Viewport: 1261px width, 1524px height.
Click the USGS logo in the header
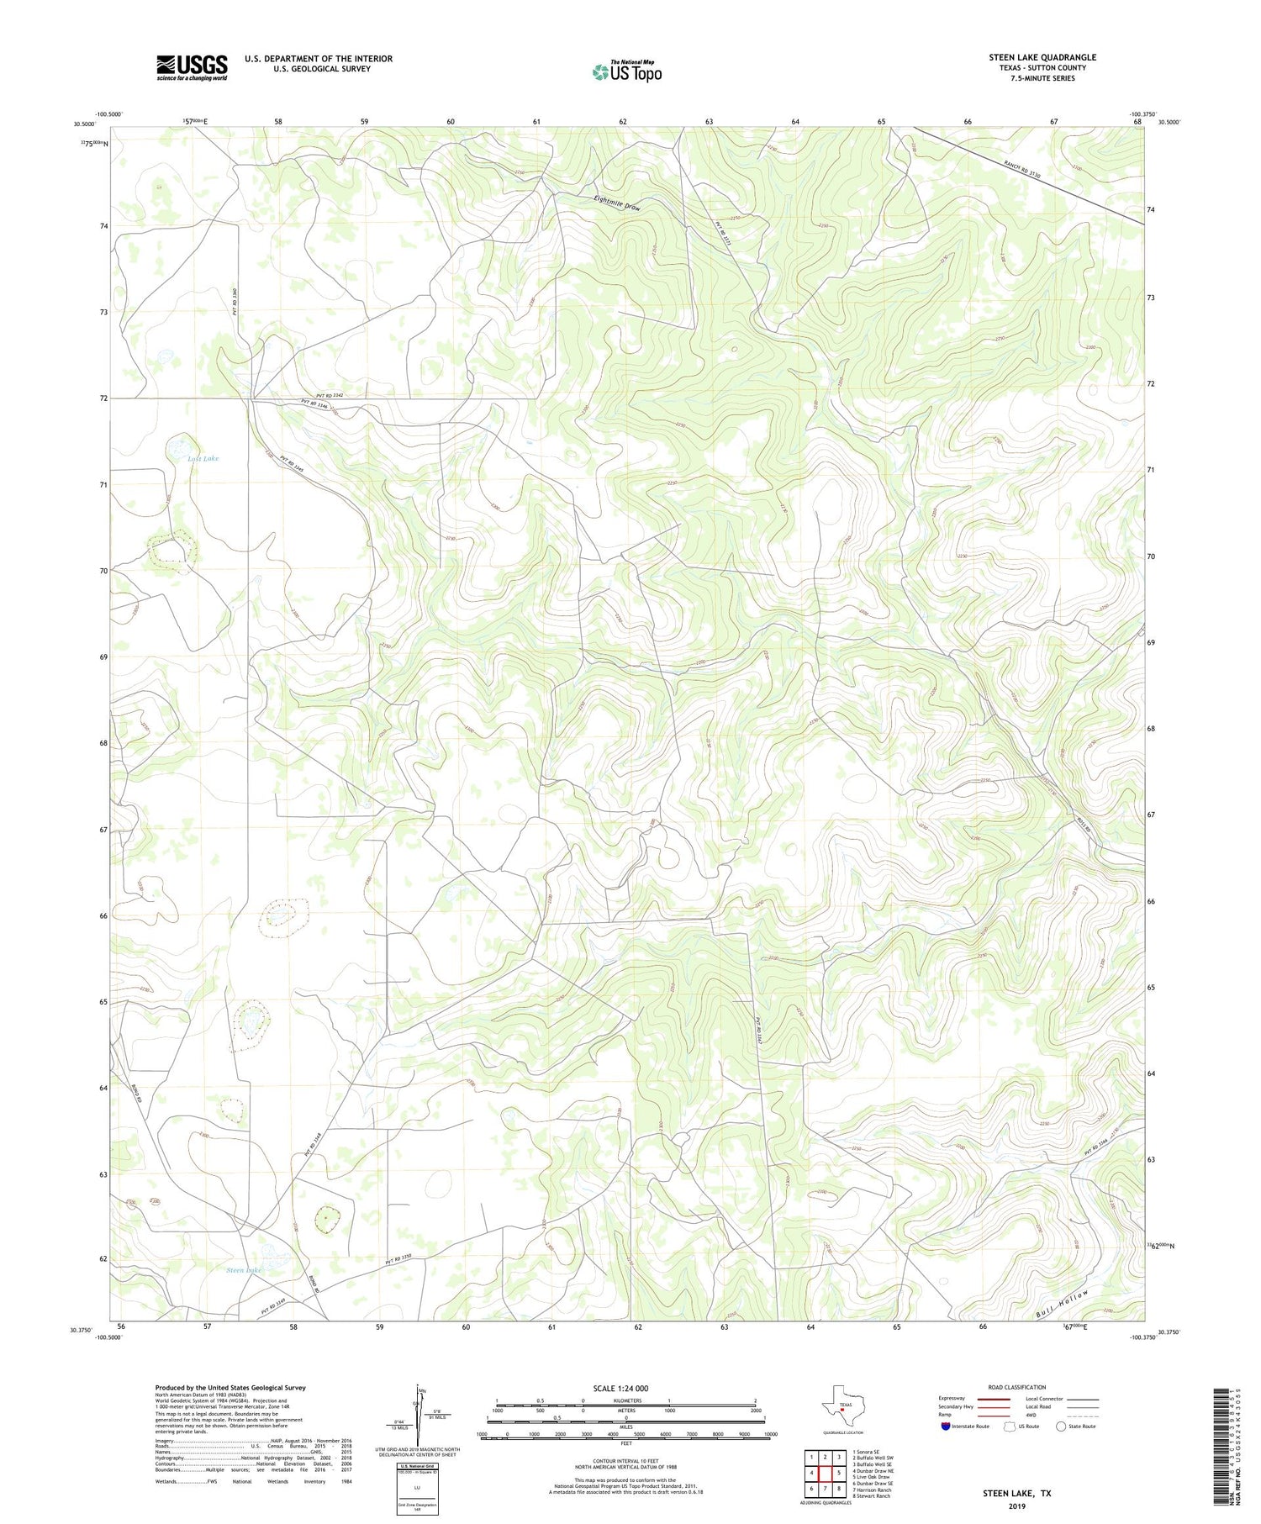point(192,67)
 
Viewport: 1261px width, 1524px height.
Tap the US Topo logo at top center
point(626,72)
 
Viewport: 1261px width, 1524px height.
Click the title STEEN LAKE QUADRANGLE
point(1042,57)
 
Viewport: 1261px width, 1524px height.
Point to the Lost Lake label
point(203,458)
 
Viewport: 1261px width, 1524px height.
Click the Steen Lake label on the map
point(244,1270)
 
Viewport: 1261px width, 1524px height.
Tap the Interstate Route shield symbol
point(946,1426)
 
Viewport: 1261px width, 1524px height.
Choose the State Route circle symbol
point(1061,1426)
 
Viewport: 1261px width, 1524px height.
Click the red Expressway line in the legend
point(994,1399)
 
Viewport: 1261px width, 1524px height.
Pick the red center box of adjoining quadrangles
point(825,1473)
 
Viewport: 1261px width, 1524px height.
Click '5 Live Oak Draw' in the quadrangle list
point(872,1477)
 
